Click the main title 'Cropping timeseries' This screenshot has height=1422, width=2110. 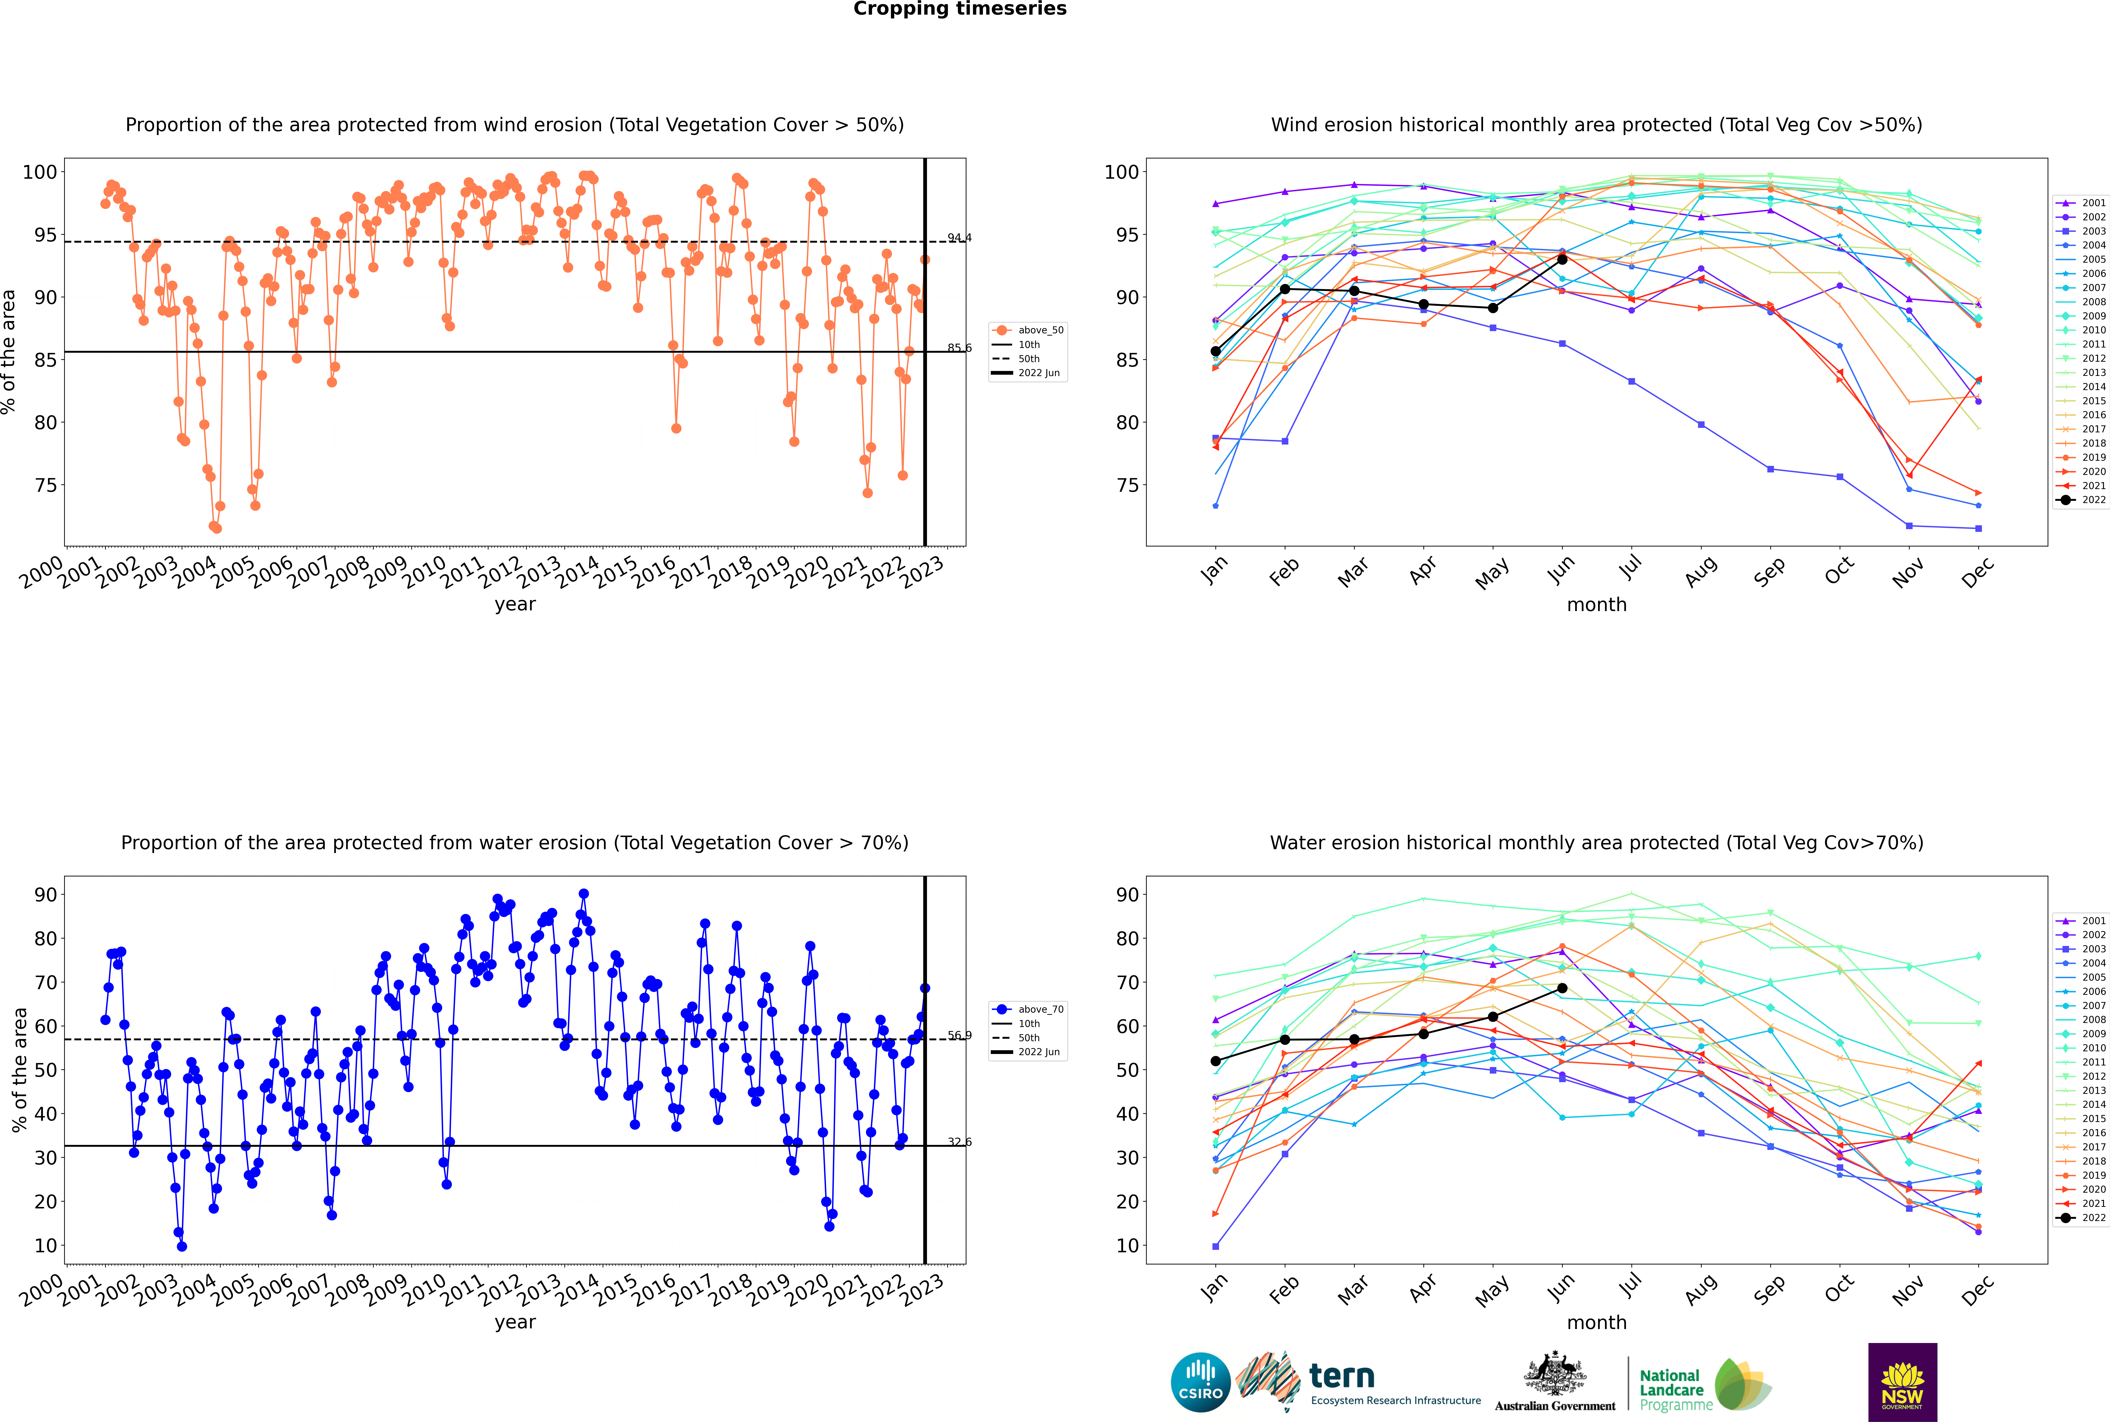click(x=960, y=9)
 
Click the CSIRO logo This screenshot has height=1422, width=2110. click(x=1200, y=1382)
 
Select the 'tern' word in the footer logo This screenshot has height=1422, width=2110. click(x=1342, y=1377)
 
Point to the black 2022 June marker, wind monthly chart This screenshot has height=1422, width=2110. click(x=1562, y=259)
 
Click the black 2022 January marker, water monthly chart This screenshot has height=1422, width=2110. click(x=1216, y=1061)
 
